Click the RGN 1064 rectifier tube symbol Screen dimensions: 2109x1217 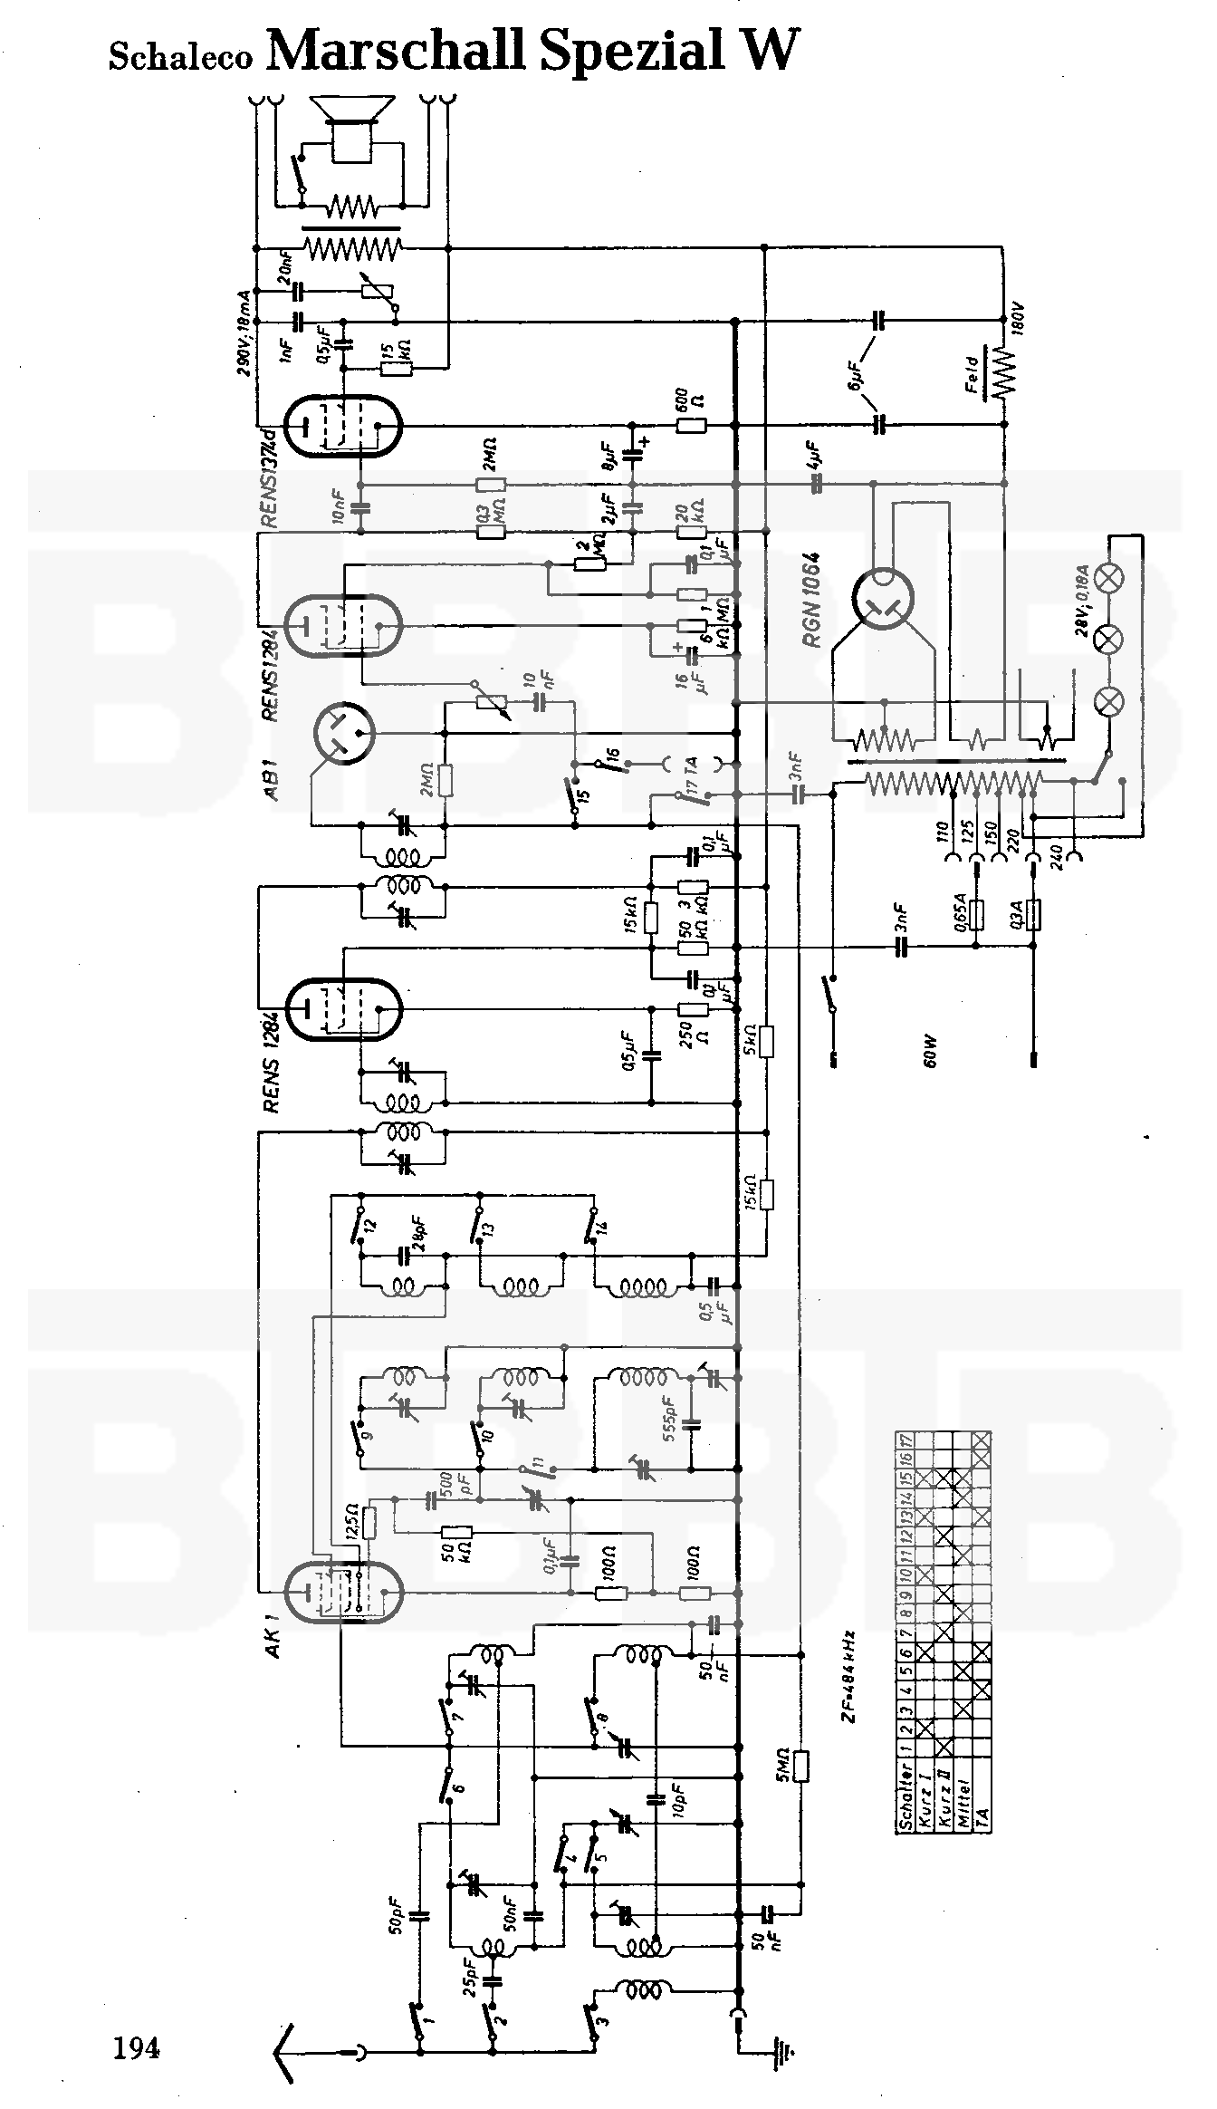click(x=882, y=599)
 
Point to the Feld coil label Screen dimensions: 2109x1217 click(x=972, y=373)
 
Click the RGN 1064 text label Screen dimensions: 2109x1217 click(x=810, y=599)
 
